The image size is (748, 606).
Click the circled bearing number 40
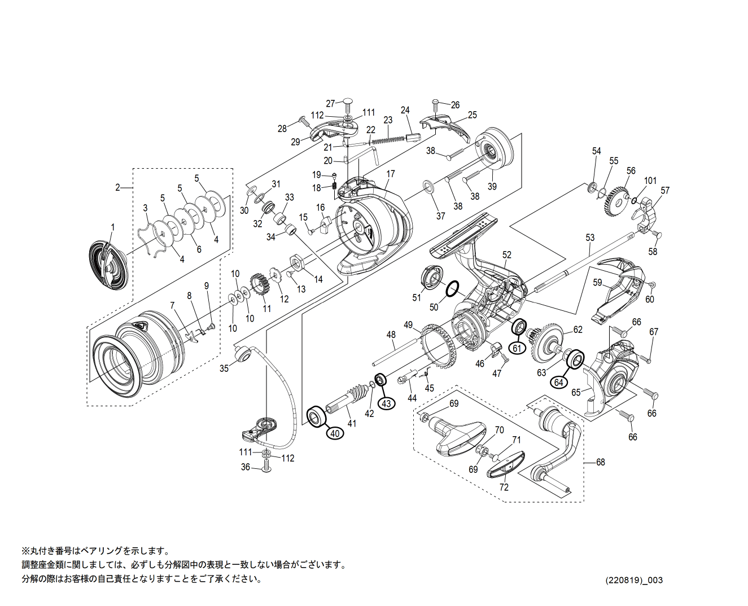click(335, 433)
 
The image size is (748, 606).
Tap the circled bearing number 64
click(558, 382)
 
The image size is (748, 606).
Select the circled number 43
click(386, 403)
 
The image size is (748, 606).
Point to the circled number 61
click(517, 348)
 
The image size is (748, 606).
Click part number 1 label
click(112, 227)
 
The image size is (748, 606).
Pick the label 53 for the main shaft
click(590, 238)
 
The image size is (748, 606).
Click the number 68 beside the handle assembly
click(600, 462)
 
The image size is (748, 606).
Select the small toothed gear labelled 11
click(259, 287)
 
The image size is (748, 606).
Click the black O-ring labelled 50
click(452, 290)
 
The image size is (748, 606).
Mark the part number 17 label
click(391, 174)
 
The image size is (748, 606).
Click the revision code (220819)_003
click(634, 581)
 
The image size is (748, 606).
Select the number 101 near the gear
click(650, 181)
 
